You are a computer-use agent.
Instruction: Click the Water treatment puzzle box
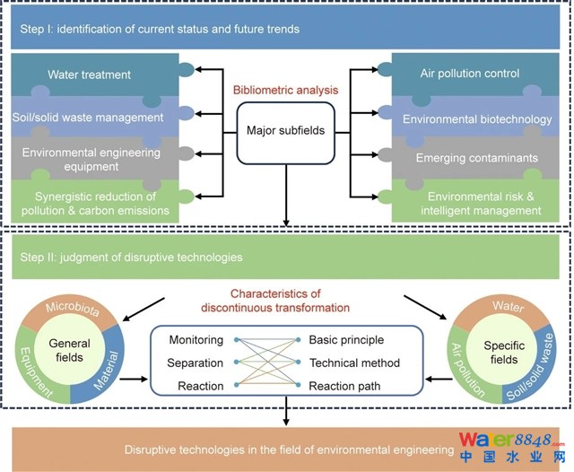point(90,74)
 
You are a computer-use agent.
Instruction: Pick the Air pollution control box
point(470,74)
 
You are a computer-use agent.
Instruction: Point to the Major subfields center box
point(285,131)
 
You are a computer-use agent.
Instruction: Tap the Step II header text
point(131,258)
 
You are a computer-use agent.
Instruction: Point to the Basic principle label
point(346,340)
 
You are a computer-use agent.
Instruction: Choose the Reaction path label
point(346,385)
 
